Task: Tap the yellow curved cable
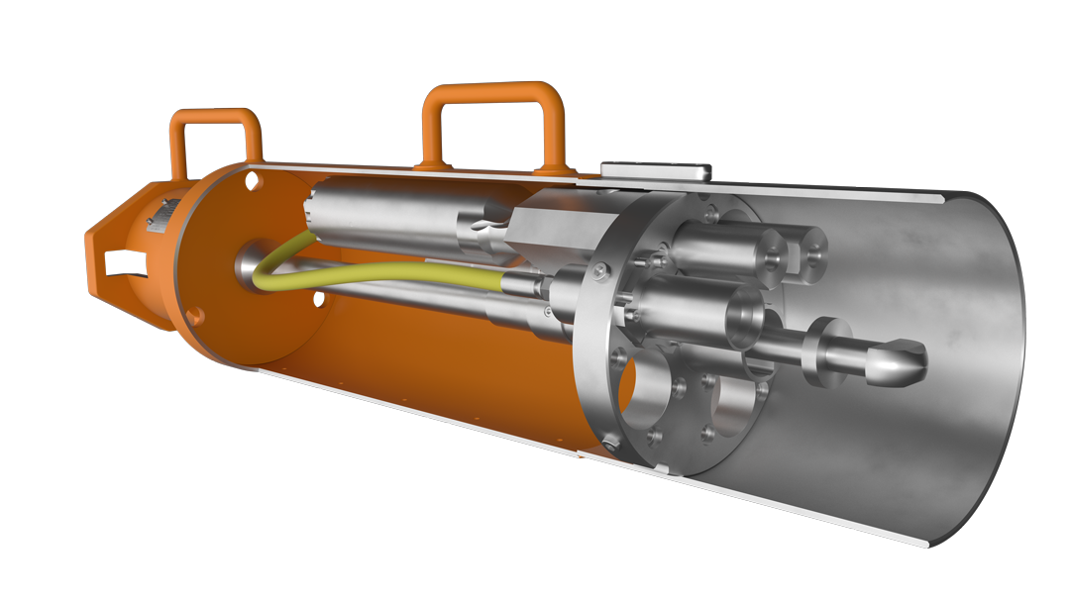[376, 272]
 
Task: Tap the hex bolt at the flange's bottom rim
[654, 437]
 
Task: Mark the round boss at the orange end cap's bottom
[195, 316]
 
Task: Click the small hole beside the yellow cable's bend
[319, 298]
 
